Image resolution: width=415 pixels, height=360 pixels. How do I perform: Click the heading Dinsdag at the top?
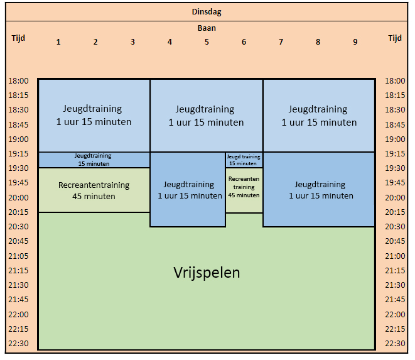pos(207,11)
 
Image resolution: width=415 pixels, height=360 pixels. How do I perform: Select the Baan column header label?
pos(207,28)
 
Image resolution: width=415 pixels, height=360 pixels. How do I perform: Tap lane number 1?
pos(58,42)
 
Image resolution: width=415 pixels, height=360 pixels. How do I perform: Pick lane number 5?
pos(207,42)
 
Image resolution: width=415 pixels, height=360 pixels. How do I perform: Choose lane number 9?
pos(355,42)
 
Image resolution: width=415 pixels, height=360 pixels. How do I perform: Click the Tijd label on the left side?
pos(19,38)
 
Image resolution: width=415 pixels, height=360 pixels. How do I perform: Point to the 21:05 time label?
pos(19,256)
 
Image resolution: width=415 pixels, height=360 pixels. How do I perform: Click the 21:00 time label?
pos(395,256)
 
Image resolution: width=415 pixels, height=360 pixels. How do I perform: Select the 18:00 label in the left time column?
pos(19,81)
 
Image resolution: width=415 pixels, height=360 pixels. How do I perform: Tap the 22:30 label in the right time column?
pos(395,343)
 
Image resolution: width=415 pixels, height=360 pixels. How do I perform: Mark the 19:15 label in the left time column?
pos(19,154)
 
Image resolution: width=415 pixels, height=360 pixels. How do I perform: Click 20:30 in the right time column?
pos(395,227)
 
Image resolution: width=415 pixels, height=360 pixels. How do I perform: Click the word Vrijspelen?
pos(207,273)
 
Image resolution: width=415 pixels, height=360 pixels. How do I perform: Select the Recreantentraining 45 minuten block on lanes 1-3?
pos(94,190)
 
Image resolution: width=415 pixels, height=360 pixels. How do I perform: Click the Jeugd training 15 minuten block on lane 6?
pos(244,160)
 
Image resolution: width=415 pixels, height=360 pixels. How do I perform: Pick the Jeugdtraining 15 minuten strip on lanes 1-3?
pos(94,160)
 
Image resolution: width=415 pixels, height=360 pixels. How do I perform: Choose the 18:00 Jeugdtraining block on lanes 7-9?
pos(319,116)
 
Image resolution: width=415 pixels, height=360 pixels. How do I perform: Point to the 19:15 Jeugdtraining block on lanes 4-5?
pos(187,190)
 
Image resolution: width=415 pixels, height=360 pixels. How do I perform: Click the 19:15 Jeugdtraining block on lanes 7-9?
pos(319,190)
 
